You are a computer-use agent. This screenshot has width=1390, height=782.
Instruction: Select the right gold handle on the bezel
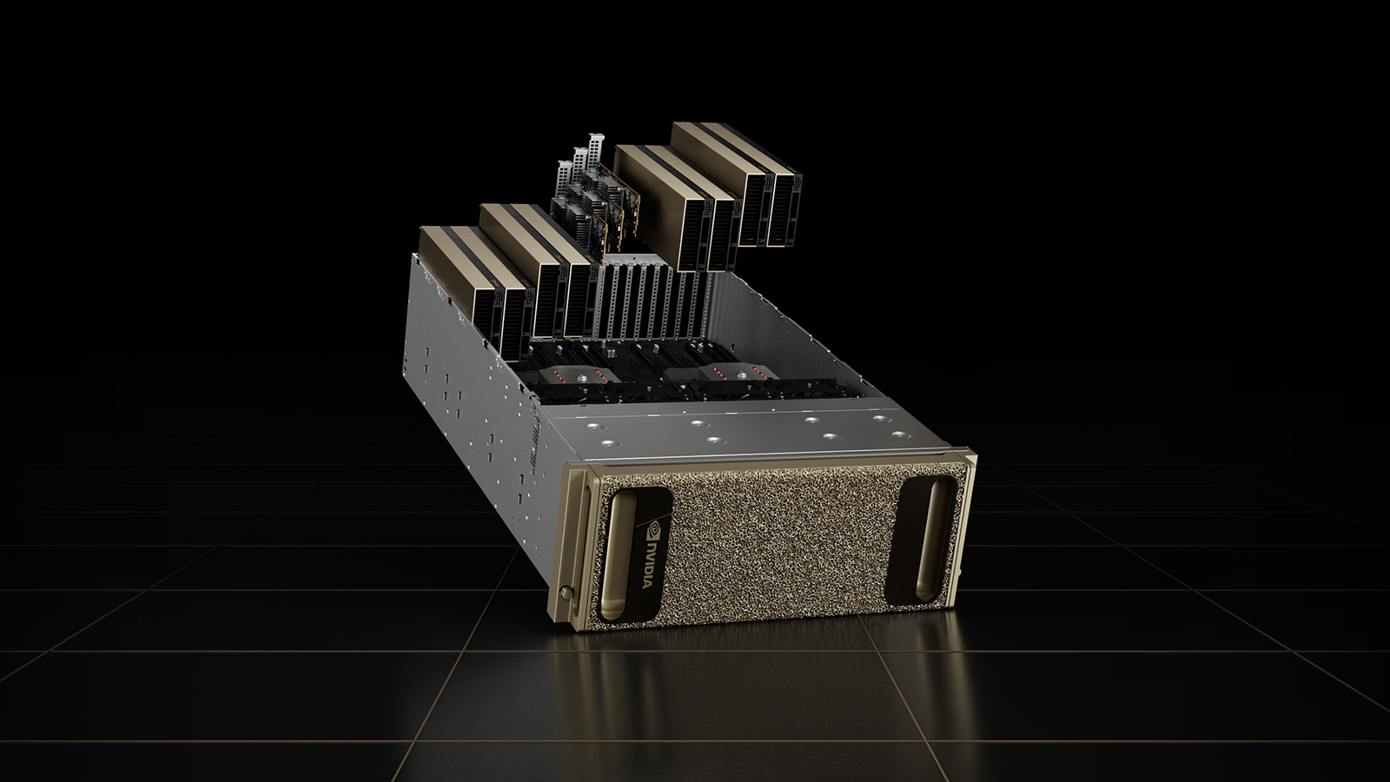coord(928,540)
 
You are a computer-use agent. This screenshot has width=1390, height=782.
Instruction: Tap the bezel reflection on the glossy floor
coord(782,686)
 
